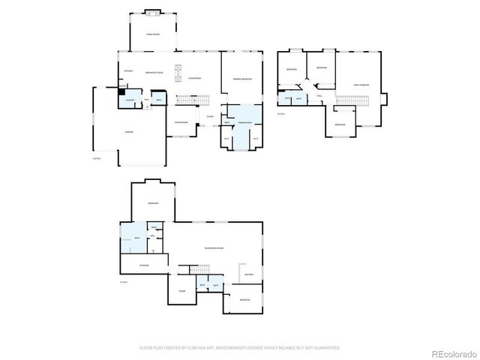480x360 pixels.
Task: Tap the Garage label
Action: point(129,132)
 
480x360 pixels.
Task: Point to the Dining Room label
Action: point(180,121)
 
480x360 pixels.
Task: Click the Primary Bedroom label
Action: point(241,78)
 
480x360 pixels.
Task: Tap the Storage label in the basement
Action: point(144,265)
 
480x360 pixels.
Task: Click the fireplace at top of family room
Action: point(152,12)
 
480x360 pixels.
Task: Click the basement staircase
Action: point(198,269)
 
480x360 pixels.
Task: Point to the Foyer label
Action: point(210,116)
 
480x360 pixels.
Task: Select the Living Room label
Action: point(195,78)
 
